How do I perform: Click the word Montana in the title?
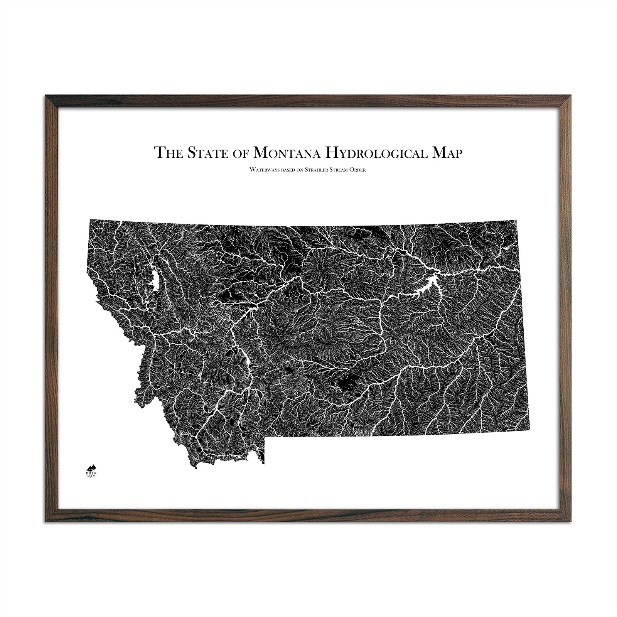pos(288,44)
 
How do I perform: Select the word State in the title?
pos(202,44)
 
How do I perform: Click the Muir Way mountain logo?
pos(91,468)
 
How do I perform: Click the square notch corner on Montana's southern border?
pos(265,438)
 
